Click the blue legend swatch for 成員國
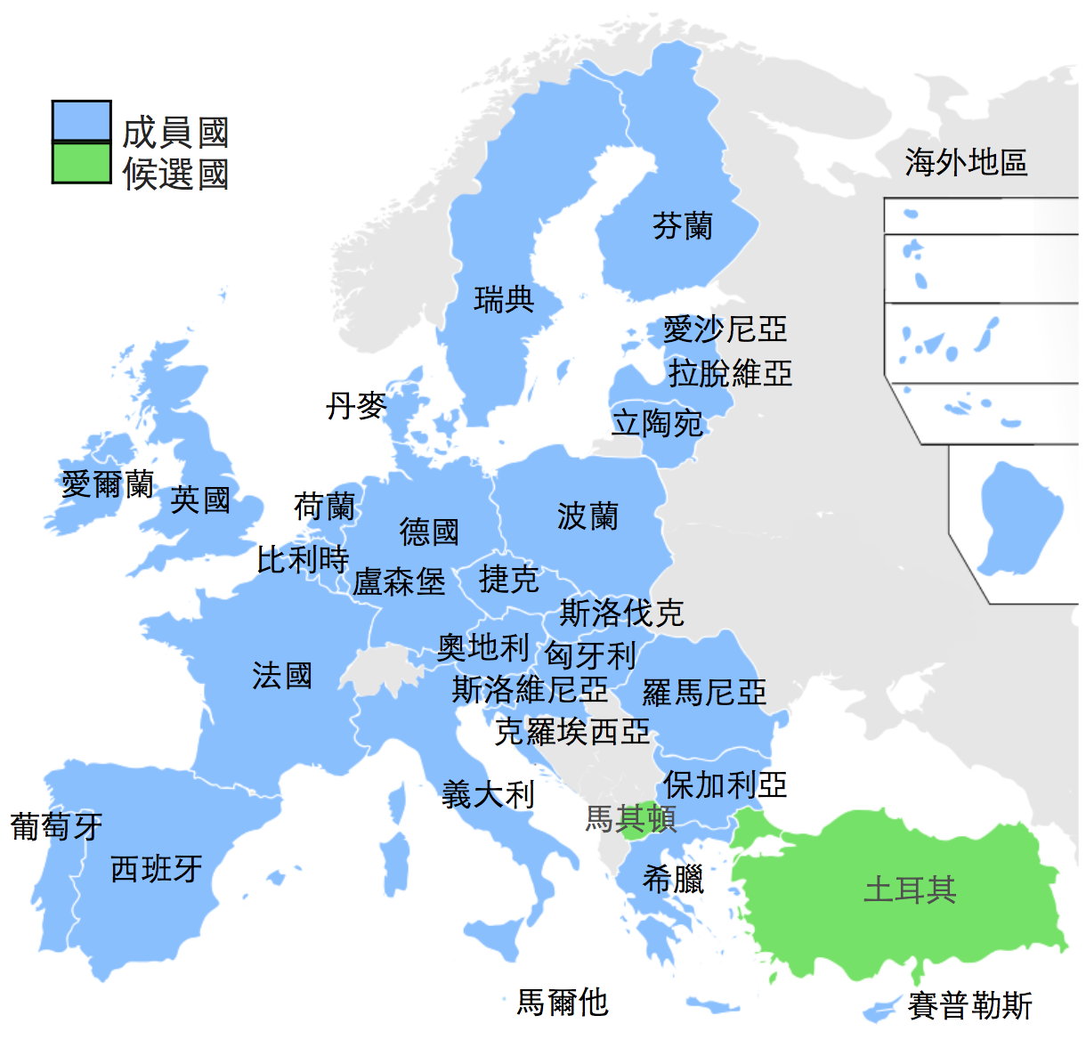[81, 121]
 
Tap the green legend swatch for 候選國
[81, 163]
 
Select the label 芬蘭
[683, 226]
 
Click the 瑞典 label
[504, 299]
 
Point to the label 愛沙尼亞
[725, 329]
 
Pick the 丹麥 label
[356, 406]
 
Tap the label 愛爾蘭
[108, 484]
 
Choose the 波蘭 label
[588, 516]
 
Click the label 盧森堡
[399, 581]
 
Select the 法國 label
[282, 675]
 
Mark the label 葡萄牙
[56, 826]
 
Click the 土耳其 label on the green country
[910, 889]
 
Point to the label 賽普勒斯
[969, 1006]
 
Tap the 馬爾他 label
[563, 1003]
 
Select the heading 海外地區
[966, 163]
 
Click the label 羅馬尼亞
[704, 692]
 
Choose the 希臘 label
[673, 880]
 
